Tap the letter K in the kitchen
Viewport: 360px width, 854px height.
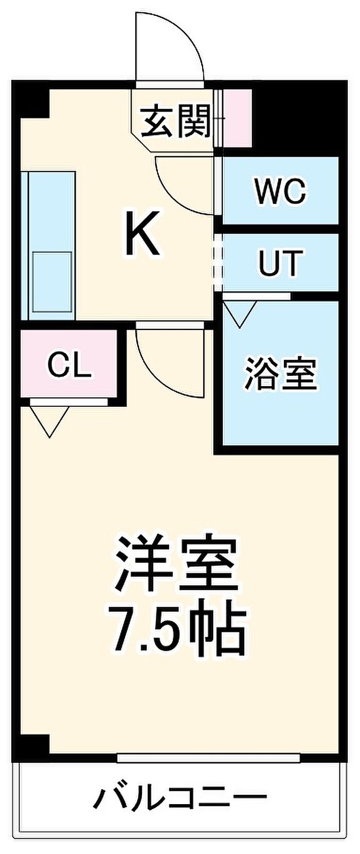click(x=143, y=236)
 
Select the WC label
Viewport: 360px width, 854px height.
click(x=281, y=191)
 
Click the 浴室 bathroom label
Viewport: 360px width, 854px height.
click(x=280, y=374)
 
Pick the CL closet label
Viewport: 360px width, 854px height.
click(x=69, y=366)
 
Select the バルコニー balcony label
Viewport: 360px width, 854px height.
click(x=180, y=798)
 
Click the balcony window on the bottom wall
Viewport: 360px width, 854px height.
click(x=208, y=757)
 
